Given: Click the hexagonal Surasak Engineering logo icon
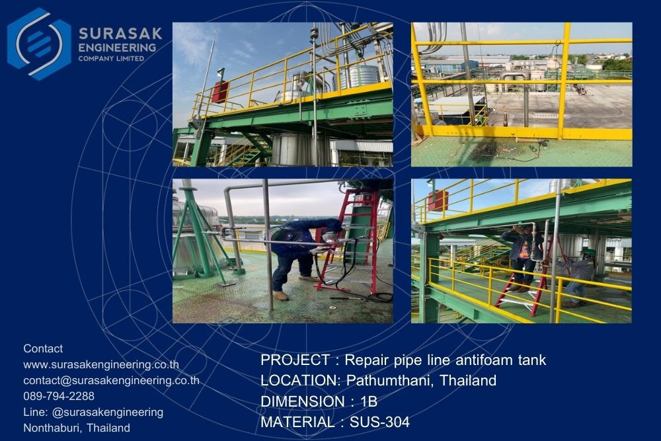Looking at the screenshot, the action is (39, 44).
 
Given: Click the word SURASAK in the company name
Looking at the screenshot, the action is (120, 33).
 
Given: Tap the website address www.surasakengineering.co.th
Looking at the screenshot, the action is (101, 364).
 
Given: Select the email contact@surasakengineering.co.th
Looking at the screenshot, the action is (111, 380).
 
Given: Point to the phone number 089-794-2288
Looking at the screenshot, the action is (59, 396).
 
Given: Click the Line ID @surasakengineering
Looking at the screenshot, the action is (108, 412).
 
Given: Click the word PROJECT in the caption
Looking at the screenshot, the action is (295, 360).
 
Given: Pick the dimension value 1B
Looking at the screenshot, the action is (369, 401).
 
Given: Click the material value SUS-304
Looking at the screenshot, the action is (379, 422).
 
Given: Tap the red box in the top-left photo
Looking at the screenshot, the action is (220, 92).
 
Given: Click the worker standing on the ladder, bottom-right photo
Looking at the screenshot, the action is (522, 257).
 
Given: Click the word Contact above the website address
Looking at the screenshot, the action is (43, 348).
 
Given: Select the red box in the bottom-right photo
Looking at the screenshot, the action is (438, 201).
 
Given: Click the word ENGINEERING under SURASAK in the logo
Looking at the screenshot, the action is (117, 47).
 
